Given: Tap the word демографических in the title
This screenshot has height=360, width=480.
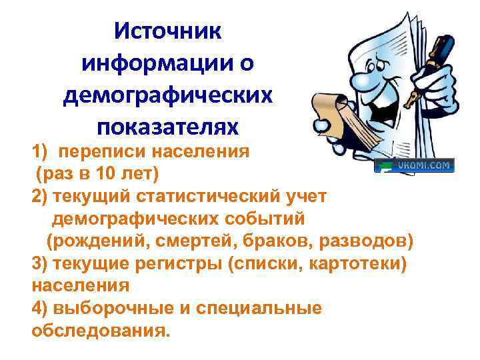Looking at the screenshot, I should [x=168, y=95].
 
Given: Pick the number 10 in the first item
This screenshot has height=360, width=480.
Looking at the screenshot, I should [x=102, y=175].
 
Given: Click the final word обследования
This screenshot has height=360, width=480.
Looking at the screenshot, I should [x=101, y=331].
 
